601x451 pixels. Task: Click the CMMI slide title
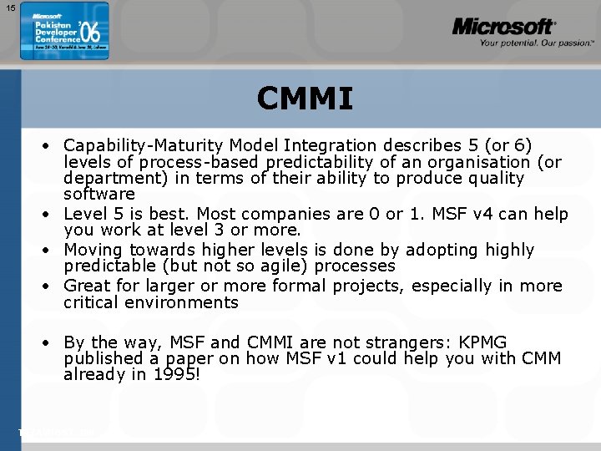tap(305, 99)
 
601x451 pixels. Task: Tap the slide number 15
tap(10, 8)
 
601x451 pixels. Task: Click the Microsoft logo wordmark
tap(503, 28)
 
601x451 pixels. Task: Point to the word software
tap(98, 194)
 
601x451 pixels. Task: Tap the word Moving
tap(93, 250)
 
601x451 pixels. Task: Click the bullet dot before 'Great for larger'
tap(51, 286)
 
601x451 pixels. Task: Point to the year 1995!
tap(175, 375)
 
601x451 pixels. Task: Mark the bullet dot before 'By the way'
tap(51, 343)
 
